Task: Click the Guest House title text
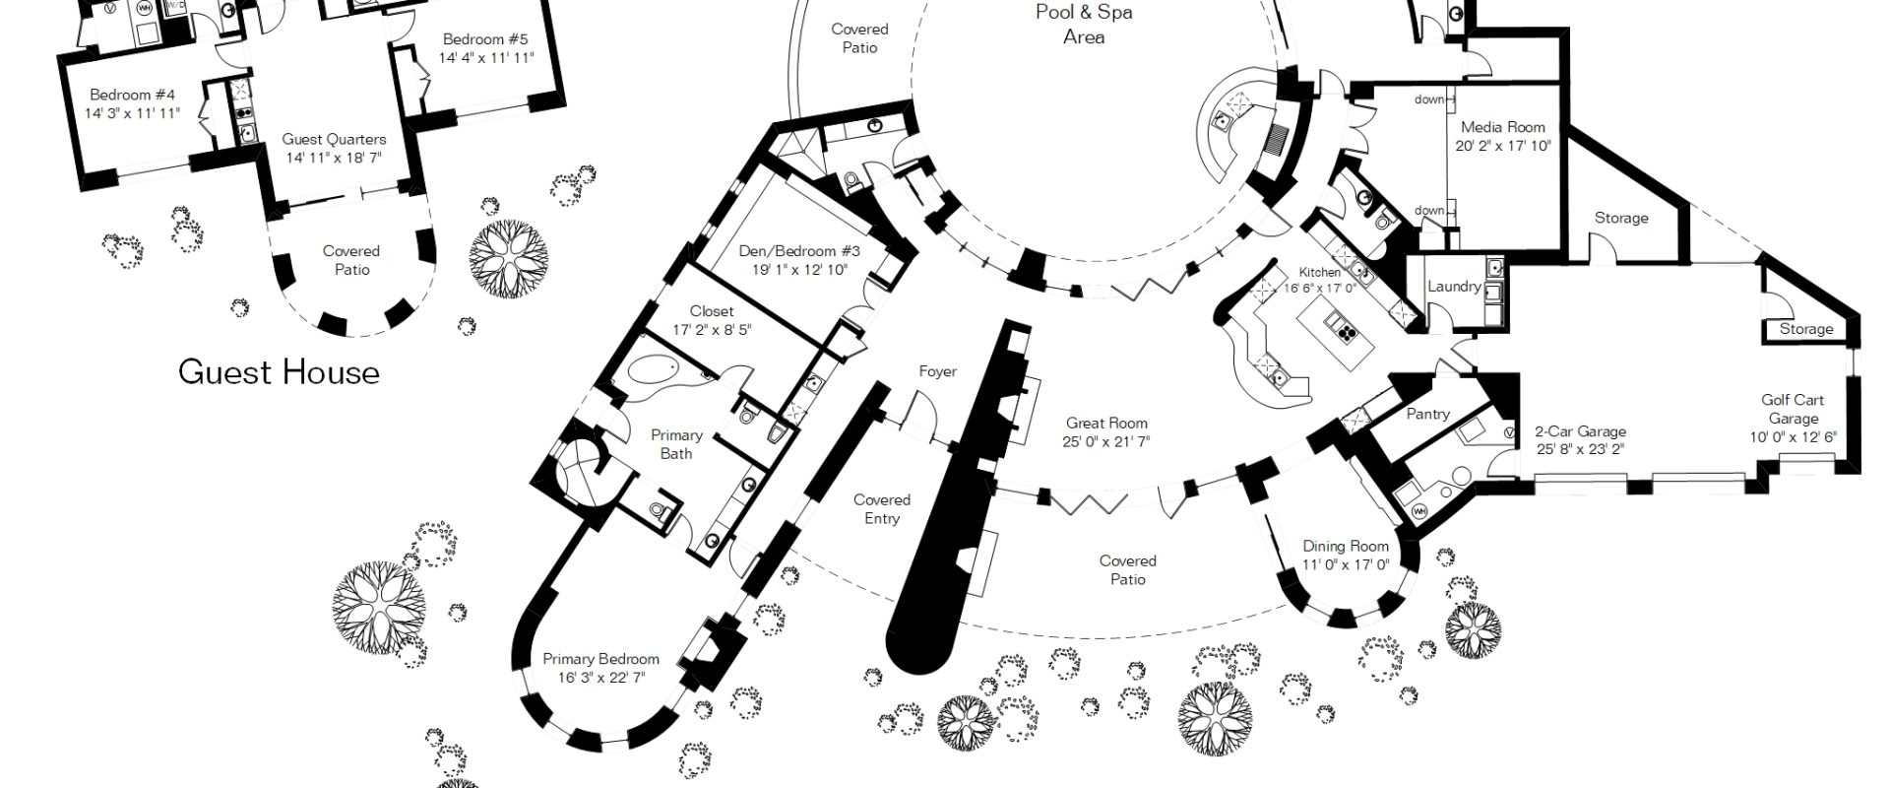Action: (x=279, y=372)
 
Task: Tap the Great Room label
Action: (x=1106, y=423)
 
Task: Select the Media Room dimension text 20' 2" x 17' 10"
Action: (x=1503, y=146)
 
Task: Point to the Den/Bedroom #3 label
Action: (x=799, y=251)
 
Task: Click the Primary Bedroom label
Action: (x=600, y=659)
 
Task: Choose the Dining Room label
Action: (x=1346, y=546)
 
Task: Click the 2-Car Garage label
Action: (x=1581, y=431)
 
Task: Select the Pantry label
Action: (x=1427, y=414)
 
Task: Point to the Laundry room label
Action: (x=1454, y=287)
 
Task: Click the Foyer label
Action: (x=938, y=371)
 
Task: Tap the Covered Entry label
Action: (x=882, y=509)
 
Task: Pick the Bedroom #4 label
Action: (x=132, y=95)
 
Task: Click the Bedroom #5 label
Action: (x=485, y=39)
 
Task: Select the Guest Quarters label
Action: (x=334, y=139)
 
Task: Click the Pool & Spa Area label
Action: (x=1083, y=25)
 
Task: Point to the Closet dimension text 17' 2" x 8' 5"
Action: (x=711, y=330)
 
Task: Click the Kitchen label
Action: (x=1319, y=272)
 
